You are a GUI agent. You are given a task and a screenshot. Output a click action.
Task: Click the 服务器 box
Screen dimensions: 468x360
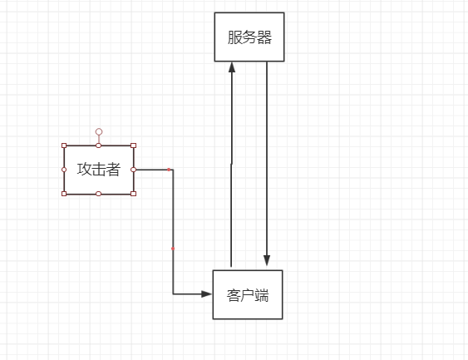tap(249, 37)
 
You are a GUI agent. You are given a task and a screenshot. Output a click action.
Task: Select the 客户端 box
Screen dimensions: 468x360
tap(248, 294)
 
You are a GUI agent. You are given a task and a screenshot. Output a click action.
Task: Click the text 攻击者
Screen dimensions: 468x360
tap(98, 170)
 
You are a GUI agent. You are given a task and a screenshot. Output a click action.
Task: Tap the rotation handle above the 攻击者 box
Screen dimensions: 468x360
tap(99, 131)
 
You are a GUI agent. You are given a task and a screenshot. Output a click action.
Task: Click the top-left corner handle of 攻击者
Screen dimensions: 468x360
tap(64, 145)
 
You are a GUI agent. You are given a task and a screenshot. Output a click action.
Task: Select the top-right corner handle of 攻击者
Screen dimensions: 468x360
tap(133, 145)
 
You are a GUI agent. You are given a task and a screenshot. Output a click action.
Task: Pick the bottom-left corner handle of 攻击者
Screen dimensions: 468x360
tap(64, 194)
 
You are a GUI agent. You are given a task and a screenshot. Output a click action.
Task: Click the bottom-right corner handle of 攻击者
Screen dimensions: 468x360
tap(133, 194)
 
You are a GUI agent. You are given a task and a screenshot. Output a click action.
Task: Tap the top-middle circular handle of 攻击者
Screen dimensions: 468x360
tap(98, 145)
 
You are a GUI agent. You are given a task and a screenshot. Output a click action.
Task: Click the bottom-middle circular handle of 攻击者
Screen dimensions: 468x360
tap(98, 194)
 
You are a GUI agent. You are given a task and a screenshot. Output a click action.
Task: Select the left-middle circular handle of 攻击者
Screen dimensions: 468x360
tap(64, 170)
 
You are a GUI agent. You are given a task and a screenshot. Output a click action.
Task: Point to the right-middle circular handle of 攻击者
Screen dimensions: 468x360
tap(133, 170)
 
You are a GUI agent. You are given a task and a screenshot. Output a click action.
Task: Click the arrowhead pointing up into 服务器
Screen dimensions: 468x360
tap(232, 67)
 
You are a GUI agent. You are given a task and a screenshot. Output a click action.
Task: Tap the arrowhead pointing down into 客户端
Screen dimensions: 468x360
tap(267, 260)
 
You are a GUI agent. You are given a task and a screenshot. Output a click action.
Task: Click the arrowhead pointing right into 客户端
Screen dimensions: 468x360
tap(206, 294)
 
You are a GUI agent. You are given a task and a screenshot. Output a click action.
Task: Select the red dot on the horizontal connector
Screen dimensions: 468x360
tap(169, 170)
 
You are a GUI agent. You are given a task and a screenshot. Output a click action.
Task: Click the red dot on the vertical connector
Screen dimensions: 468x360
tap(173, 249)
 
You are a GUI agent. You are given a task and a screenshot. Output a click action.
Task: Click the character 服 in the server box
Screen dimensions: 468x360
tap(234, 37)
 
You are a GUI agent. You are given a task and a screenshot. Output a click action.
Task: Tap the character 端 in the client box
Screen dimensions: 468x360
tap(262, 295)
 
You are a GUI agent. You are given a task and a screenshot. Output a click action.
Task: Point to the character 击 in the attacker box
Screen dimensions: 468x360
tap(98, 170)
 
